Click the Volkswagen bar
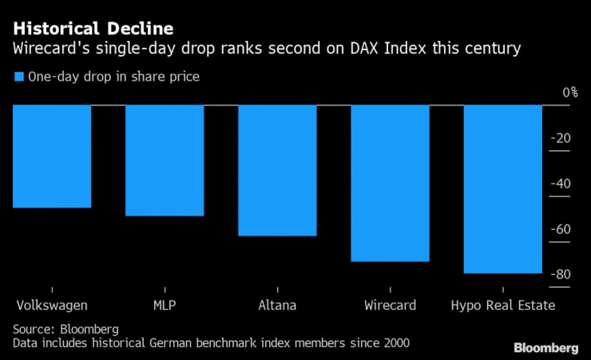coord(52,156)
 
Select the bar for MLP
coord(165,160)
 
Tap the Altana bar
coord(277,171)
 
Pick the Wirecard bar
coord(390,184)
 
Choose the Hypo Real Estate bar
coord(502,189)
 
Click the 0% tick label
coord(569,93)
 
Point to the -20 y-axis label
coord(562,138)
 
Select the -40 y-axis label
coord(562,184)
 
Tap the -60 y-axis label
coord(562,229)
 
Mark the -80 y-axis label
coord(562,275)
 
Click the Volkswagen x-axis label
coord(52,305)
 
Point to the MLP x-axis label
coord(165,305)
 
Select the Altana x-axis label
coord(277,305)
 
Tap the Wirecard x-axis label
coord(390,305)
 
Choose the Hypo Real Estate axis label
coord(502,305)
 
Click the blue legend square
coord(18,77)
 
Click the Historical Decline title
coord(93,29)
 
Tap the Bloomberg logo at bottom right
coord(546,347)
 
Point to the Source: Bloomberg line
coord(65,329)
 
